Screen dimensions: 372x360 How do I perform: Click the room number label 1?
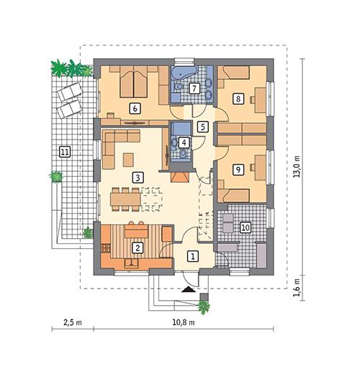click(192, 255)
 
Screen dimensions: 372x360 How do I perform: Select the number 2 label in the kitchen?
click(139, 248)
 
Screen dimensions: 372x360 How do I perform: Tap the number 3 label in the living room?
click(138, 176)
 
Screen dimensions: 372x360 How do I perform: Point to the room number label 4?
click(185, 142)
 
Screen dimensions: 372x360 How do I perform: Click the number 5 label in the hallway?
click(203, 127)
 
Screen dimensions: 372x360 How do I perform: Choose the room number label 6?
click(133, 109)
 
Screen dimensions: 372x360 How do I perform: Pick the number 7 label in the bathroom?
click(193, 89)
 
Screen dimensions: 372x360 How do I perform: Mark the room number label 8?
click(238, 99)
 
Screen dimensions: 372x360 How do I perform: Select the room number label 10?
click(245, 227)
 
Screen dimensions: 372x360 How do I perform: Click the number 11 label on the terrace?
click(65, 152)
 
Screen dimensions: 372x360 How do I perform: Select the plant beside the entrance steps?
click(204, 307)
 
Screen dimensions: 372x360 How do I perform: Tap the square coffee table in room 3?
click(127, 159)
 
